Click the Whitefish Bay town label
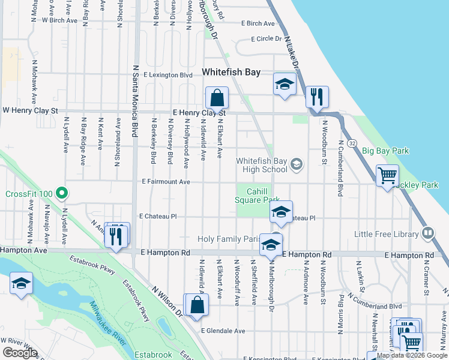[231, 72]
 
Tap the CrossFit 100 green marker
[61, 193]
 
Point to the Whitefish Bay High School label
[262, 165]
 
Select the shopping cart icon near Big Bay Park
[387, 176]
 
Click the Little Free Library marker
[428, 233]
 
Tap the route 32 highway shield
[352, 143]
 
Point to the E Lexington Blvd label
[168, 75]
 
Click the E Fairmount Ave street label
[166, 182]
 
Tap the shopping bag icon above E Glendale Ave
[196, 305]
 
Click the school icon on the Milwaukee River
[21, 283]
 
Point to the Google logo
[20, 353]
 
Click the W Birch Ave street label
[59, 20]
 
